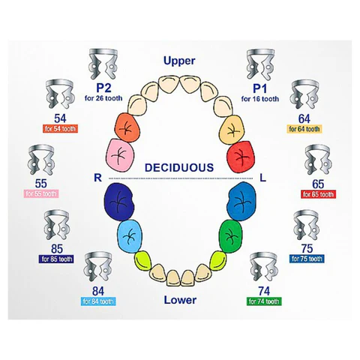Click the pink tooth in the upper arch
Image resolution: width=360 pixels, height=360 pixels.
tap(120, 155)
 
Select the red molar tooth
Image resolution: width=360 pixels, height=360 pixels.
tap(241, 156)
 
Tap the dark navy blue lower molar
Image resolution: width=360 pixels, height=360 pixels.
tap(119, 202)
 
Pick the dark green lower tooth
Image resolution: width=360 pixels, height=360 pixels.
tap(231, 236)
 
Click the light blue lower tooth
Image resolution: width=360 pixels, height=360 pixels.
tap(129, 236)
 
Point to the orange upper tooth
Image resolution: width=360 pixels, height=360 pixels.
tap(127, 127)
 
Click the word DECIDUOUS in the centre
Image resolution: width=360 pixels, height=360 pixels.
tap(179, 167)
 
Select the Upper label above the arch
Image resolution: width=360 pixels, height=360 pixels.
tap(179, 61)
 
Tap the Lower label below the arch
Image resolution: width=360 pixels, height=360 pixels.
tap(180, 300)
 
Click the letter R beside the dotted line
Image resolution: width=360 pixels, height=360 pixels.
tap(97, 178)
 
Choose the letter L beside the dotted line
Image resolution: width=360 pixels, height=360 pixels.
tap(262, 178)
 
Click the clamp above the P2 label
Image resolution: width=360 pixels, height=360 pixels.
tap(103, 64)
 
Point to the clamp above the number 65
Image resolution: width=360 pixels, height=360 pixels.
tap(318, 160)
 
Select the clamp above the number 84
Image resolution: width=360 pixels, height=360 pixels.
tap(97, 267)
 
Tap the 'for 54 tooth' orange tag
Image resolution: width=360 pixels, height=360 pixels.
tap(60, 129)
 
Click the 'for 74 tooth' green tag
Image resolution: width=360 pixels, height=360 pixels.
tap(264, 301)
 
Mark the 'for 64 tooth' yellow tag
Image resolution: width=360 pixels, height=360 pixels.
tap(304, 129)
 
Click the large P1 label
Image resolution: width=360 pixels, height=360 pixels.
tap(260, 88)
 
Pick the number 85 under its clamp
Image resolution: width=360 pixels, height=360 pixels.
tap(57, 249)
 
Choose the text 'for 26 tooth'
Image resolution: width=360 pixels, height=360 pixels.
tap(103, 98)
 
